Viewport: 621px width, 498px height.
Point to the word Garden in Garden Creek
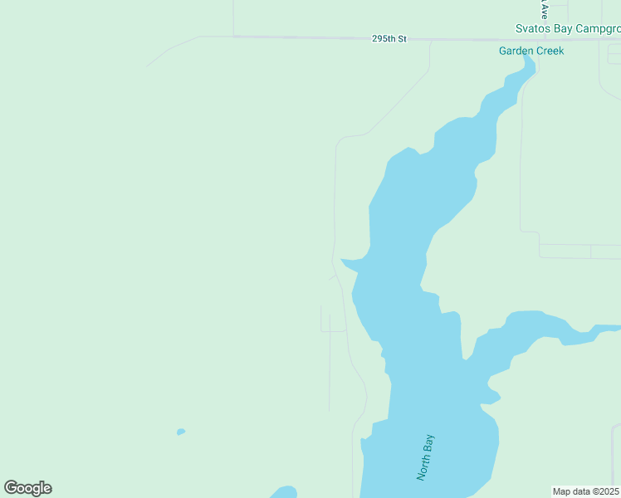[516, 51]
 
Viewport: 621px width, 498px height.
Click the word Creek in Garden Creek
[550, 51]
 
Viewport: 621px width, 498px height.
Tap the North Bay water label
[426, 457]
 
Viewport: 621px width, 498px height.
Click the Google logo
[27, 488]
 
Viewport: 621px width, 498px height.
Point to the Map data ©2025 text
[586, 491]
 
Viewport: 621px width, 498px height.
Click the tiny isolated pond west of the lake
[180, 432]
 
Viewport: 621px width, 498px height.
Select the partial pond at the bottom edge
[284, 491]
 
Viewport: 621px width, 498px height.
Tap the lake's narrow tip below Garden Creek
[528, 66]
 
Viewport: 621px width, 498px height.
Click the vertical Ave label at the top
[545, 9]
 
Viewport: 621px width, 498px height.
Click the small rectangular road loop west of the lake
[333, 323]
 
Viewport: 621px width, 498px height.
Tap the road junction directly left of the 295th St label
[234, 36]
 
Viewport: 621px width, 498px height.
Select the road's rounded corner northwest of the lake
[341, 139]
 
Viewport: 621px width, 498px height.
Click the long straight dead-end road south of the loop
[330, 373]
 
